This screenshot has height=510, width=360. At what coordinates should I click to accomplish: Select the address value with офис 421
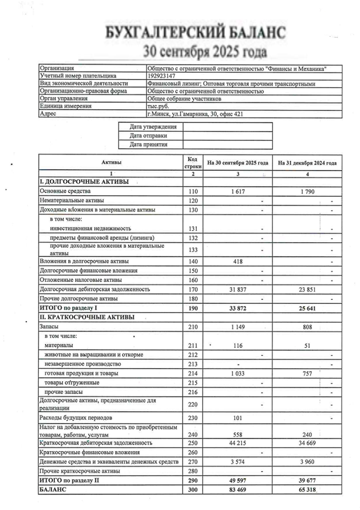coord(195,113)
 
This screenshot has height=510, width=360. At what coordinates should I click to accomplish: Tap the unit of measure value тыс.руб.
coord(158,106)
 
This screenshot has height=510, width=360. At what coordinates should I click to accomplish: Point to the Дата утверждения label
coord(153,126)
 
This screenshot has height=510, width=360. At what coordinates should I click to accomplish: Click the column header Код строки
coord(193,163)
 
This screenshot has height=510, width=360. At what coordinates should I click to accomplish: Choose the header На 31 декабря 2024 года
coord(307,163)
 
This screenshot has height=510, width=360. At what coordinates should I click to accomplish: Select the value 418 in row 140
coord(238,261)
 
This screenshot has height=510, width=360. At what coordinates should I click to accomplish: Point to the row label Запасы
coord(50,326)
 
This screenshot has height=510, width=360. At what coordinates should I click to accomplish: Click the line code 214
coord(193,373)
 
